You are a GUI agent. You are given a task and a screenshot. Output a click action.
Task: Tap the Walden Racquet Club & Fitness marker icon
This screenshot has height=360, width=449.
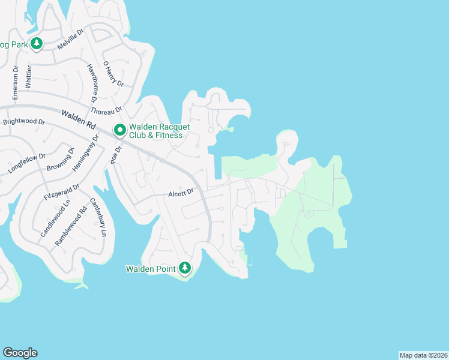119,129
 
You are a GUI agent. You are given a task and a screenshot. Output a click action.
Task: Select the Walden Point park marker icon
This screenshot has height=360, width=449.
185,268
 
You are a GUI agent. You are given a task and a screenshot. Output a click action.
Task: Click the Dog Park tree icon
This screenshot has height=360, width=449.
37,44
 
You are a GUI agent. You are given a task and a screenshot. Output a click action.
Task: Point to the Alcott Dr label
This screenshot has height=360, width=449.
182,193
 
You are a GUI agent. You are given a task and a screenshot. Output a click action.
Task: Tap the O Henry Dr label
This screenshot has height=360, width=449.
113,73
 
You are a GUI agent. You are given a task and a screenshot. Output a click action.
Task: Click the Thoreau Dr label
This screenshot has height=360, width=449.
106,109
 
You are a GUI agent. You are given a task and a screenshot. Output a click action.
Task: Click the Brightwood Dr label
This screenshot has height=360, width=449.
24,122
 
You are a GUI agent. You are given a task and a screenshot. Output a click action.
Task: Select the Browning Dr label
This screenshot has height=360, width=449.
60,158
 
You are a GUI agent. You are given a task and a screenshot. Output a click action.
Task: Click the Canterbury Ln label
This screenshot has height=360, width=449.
100,217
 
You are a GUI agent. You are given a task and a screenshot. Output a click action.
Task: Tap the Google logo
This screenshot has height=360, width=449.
20,353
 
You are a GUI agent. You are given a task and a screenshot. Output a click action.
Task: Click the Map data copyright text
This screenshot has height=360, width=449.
423,355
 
